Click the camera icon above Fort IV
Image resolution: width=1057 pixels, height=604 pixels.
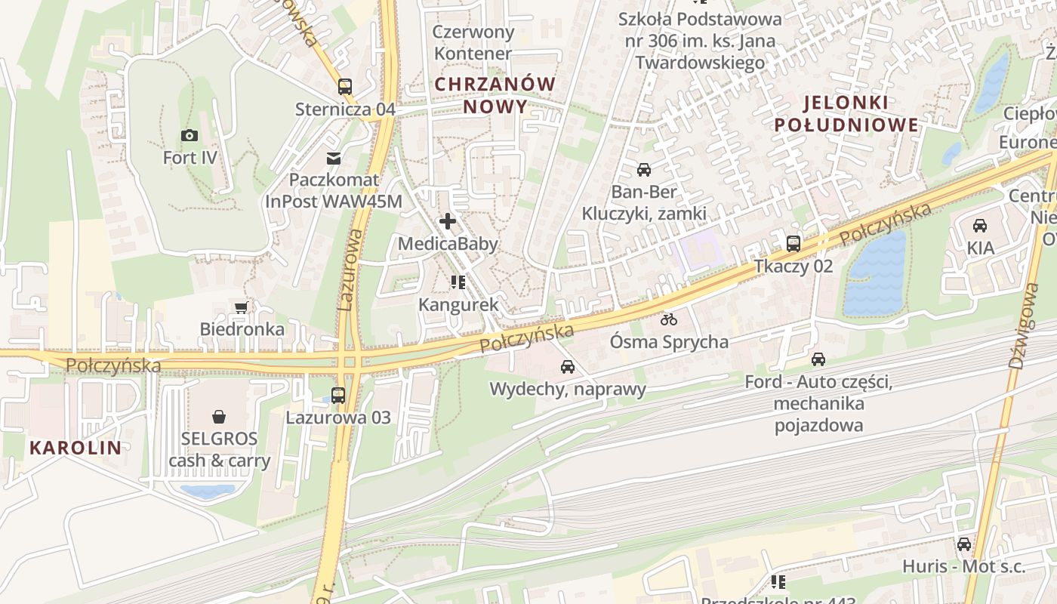click(190, 136)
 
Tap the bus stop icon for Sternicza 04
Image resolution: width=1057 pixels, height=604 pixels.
click(345, 87)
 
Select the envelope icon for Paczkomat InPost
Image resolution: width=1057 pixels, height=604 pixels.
click(333, 159)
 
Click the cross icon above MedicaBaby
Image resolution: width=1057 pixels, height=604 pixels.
click(448, 221)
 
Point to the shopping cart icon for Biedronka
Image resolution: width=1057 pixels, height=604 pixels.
click(242, 307)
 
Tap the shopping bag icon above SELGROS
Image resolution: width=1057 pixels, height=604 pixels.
click(219, 416)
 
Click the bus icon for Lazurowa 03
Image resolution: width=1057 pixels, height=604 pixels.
click(338, 395)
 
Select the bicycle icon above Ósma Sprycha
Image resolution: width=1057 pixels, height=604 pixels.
click(669, 319)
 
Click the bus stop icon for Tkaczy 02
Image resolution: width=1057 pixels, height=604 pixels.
click(794, 244)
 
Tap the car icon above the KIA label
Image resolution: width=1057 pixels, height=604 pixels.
click(980, 226)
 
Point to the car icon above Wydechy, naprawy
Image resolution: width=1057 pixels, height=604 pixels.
click(568, 367)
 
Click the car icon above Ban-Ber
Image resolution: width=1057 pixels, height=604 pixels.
click(644, 170)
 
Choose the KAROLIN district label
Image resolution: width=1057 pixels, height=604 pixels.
click(75, 447)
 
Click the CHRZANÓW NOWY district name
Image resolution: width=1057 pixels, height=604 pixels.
click(495, 95)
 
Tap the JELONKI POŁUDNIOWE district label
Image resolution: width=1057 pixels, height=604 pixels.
click(846, 113)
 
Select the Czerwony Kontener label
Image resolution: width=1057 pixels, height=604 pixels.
click(474, 43)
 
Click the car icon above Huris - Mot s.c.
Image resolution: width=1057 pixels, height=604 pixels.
click(964, 544)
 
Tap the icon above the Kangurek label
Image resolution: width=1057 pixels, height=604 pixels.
click(458, 282)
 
